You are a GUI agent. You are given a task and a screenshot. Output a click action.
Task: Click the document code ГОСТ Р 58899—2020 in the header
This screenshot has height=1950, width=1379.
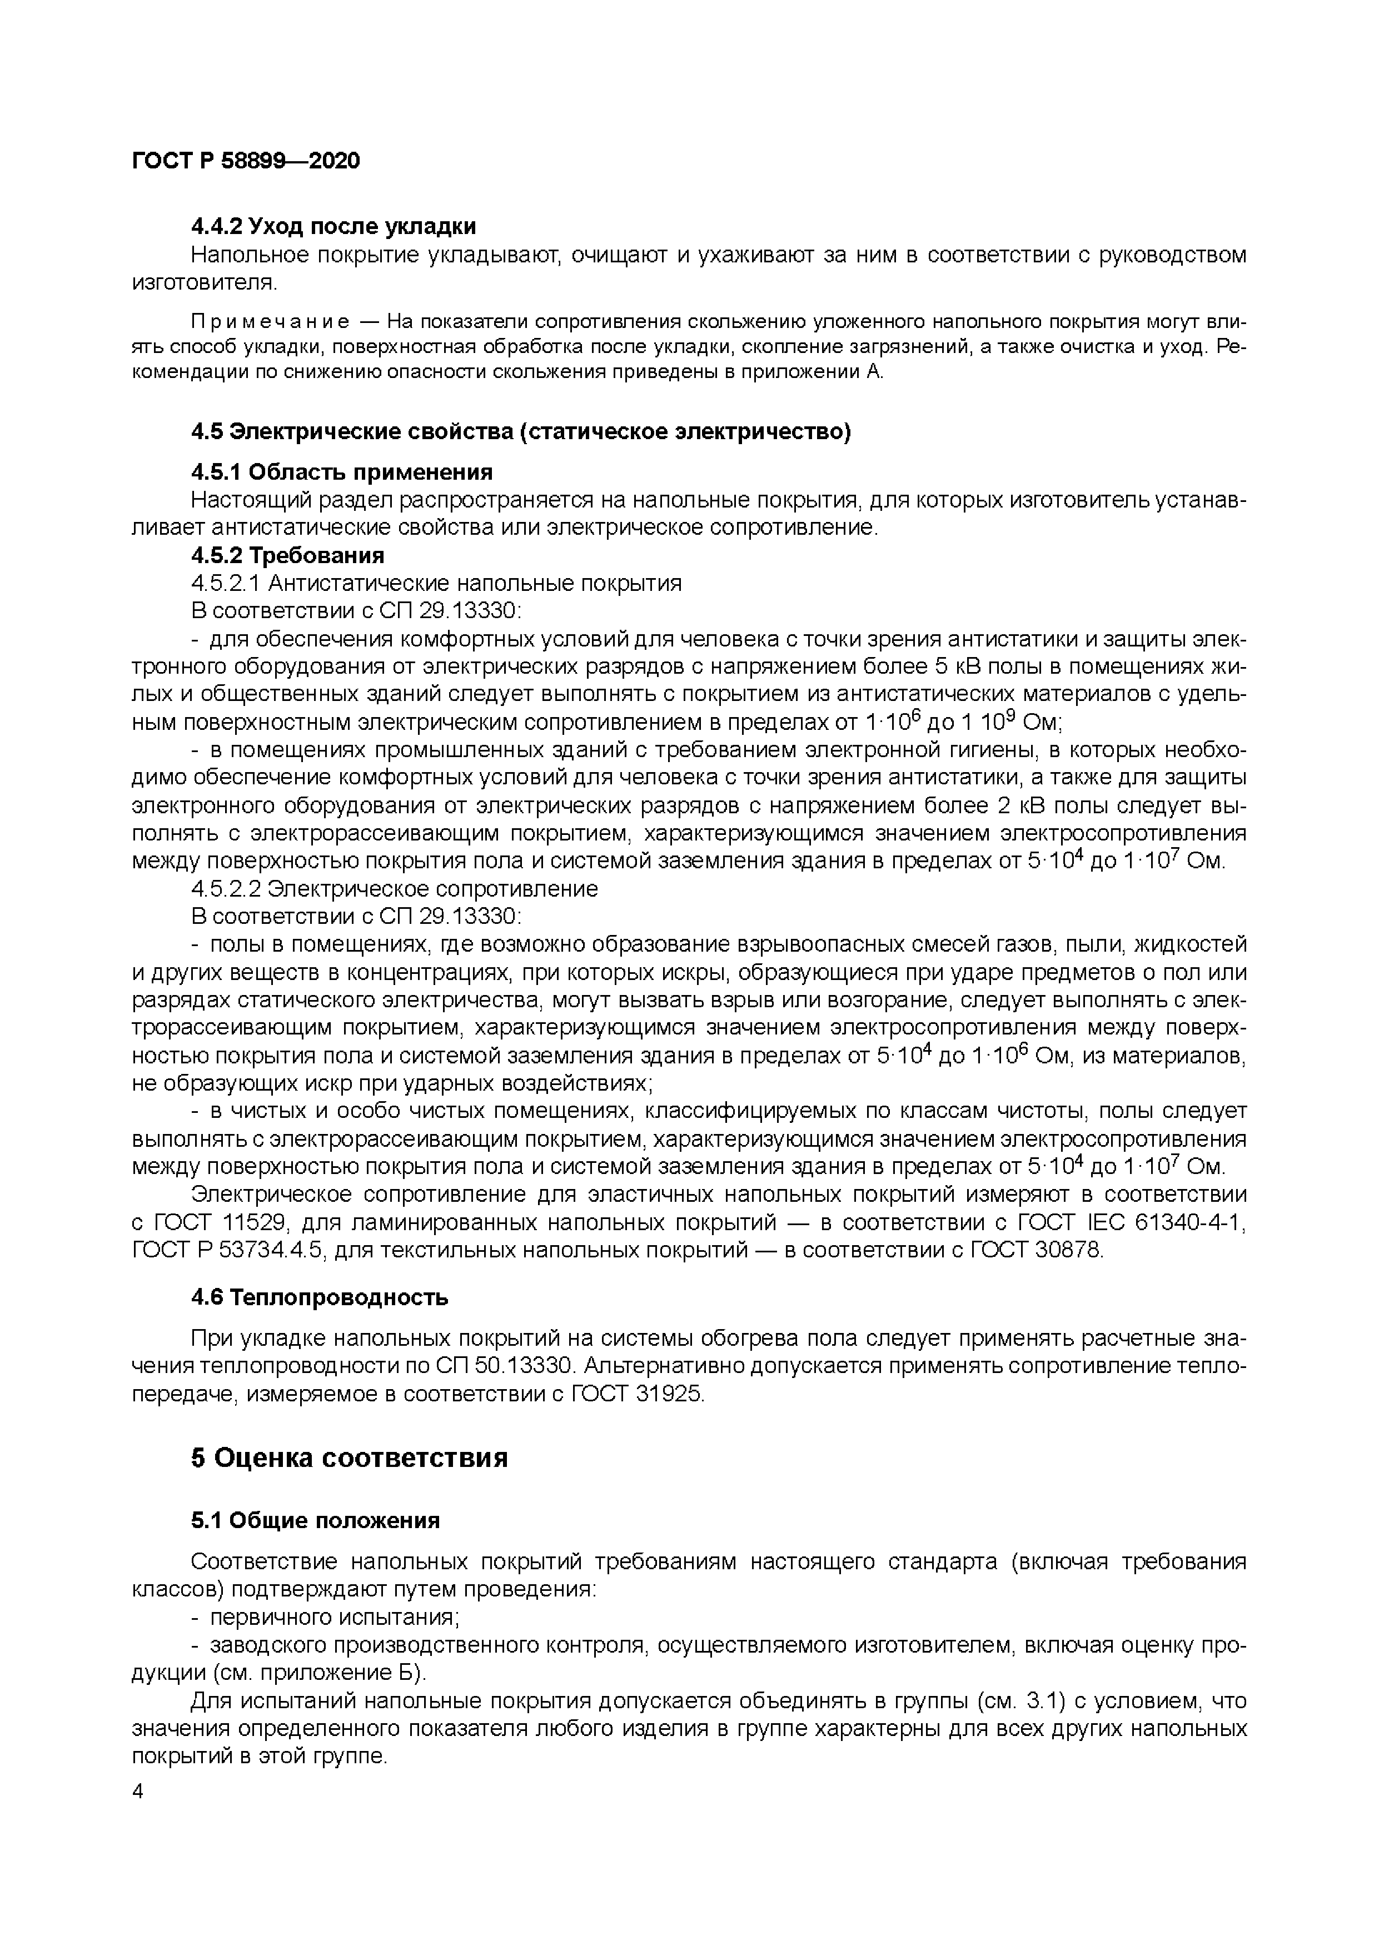pos(246,161)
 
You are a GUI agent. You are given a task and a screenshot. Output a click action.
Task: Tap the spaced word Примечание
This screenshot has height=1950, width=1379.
pos(270,322)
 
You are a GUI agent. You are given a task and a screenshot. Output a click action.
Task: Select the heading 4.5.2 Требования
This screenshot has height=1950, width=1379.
pos(288,555)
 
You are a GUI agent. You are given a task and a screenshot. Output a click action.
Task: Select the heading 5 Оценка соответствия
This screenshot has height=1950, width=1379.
pos(349,1458)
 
